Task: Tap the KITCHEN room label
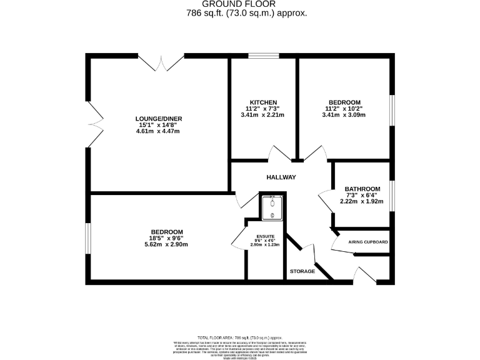tap(263, 102)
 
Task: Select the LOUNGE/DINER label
tap(158, 118)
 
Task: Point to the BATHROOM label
tap(362, 189)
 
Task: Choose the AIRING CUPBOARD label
tap(368, 242)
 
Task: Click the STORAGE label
tap(302, 271)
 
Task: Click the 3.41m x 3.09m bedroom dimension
tap(344, 115)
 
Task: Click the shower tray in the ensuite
tap(272, 208)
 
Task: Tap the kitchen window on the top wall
tap(263, 56)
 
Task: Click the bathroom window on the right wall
tap(392, 196)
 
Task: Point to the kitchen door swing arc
tap(277, 152)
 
